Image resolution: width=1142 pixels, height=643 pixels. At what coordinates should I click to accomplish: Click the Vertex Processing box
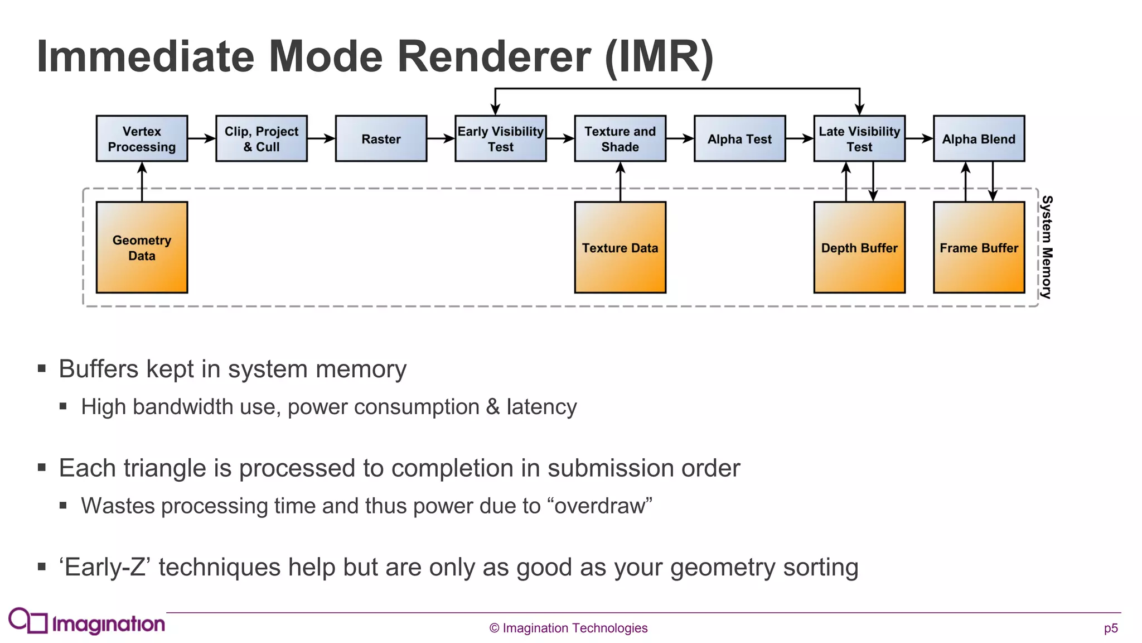coord(142,139)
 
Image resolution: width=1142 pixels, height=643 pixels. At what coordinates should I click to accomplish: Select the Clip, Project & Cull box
coord(262,139)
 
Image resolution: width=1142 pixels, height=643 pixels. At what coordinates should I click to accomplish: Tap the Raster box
coord(381,139)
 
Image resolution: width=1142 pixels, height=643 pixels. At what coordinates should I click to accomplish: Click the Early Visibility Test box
coord(500,139)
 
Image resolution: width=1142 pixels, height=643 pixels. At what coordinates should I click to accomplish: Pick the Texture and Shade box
coord(620,139)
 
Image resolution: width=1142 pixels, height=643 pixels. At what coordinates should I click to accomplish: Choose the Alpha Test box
coord(739,139)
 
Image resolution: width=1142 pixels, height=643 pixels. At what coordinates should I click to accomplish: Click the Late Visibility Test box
coord(859,139)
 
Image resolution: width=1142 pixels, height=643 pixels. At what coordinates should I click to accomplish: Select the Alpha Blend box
coord(979,139)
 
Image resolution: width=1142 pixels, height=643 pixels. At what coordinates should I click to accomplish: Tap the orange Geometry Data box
coord(142,247)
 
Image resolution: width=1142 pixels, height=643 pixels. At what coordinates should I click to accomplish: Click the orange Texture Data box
coord(620,247)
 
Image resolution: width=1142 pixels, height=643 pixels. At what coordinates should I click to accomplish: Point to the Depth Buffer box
coord(859,247)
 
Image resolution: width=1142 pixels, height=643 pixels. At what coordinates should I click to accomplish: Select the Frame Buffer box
coord(979,247)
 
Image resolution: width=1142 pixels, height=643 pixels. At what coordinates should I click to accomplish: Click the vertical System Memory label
coord(1047,247)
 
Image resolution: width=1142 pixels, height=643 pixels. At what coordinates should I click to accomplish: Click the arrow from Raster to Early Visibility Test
coord(441,138)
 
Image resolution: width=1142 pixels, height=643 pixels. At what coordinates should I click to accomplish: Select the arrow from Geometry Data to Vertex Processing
coord(142,182)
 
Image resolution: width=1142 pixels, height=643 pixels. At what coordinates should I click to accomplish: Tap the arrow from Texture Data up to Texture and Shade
coord(621,182)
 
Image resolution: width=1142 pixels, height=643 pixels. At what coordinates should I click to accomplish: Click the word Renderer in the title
coord(493,57)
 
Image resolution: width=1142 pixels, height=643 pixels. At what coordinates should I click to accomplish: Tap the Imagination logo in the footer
coord(87,622)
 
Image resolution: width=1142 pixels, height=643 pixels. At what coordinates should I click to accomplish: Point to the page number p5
coord(1111,628)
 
